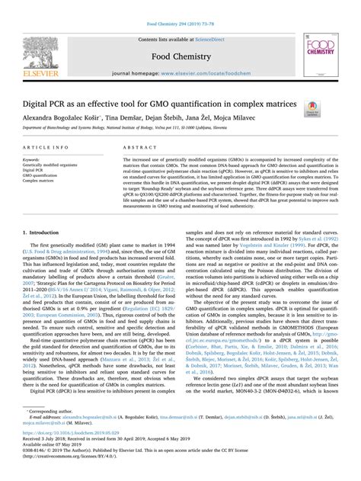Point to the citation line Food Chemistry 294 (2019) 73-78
180,5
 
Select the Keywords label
32,160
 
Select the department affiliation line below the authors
138,130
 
